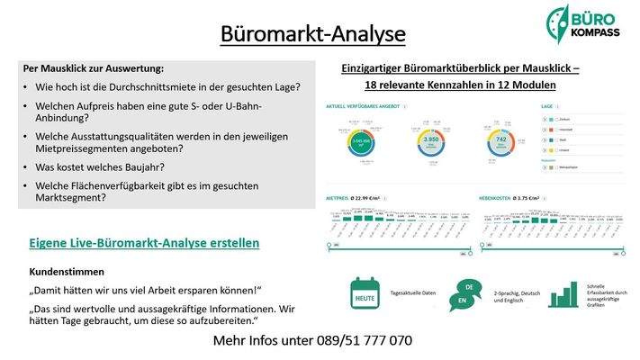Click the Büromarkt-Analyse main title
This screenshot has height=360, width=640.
point(312,34)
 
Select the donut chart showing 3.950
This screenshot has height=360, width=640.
point(430,140)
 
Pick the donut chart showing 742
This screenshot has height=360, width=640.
point(502,140)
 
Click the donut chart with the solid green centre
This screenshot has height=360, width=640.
point(361,141)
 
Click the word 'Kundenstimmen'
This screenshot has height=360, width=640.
point(68,271)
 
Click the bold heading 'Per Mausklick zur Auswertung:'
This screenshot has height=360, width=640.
point(94,68)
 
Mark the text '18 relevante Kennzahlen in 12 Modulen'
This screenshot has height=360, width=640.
point(460,85)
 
